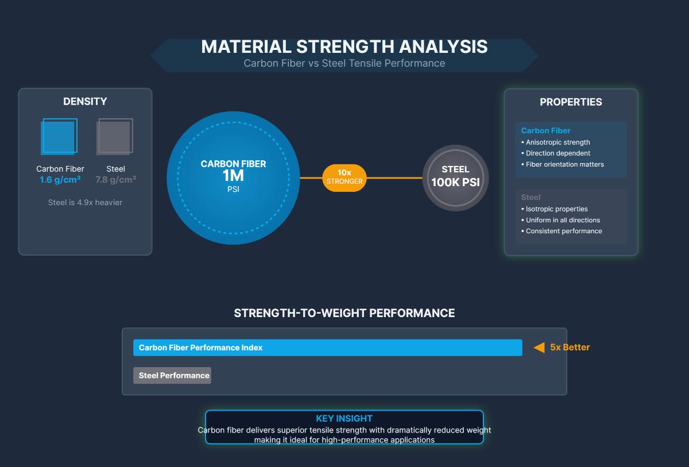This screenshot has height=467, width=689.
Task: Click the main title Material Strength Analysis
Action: click(344, 47)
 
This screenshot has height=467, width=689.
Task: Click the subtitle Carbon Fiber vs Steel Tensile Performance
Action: click(344, 63)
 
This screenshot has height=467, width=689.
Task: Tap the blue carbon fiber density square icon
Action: click(59, 137)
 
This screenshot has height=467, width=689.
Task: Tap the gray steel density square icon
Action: click(114, 137)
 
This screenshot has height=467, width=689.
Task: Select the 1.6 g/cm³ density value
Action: click(60, 180)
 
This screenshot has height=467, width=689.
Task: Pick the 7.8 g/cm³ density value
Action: click(115, 180)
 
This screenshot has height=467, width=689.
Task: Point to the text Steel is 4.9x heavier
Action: click(85, 202)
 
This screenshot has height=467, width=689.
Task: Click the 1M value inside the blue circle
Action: click(233, 176)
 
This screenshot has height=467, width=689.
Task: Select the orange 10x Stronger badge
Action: click(344, 177)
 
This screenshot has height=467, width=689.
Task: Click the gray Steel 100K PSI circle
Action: click(455, 177)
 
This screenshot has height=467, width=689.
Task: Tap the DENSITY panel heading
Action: click(85, 102)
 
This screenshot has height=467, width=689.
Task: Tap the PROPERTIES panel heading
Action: click(571, 102)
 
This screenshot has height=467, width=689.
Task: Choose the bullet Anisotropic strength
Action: click(558, 142)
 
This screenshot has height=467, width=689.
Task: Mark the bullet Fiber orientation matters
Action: click(564, 164)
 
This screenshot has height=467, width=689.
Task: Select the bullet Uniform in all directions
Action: click(563, 220)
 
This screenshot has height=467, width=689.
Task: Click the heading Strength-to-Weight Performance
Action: click(344, 313)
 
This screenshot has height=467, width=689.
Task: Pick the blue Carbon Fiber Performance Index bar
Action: click(327, 348)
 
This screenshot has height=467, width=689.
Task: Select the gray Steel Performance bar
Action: click(172, 376)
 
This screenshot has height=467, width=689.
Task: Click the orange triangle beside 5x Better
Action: click(539, 348)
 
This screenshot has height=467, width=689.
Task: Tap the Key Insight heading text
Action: click(344, 419)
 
